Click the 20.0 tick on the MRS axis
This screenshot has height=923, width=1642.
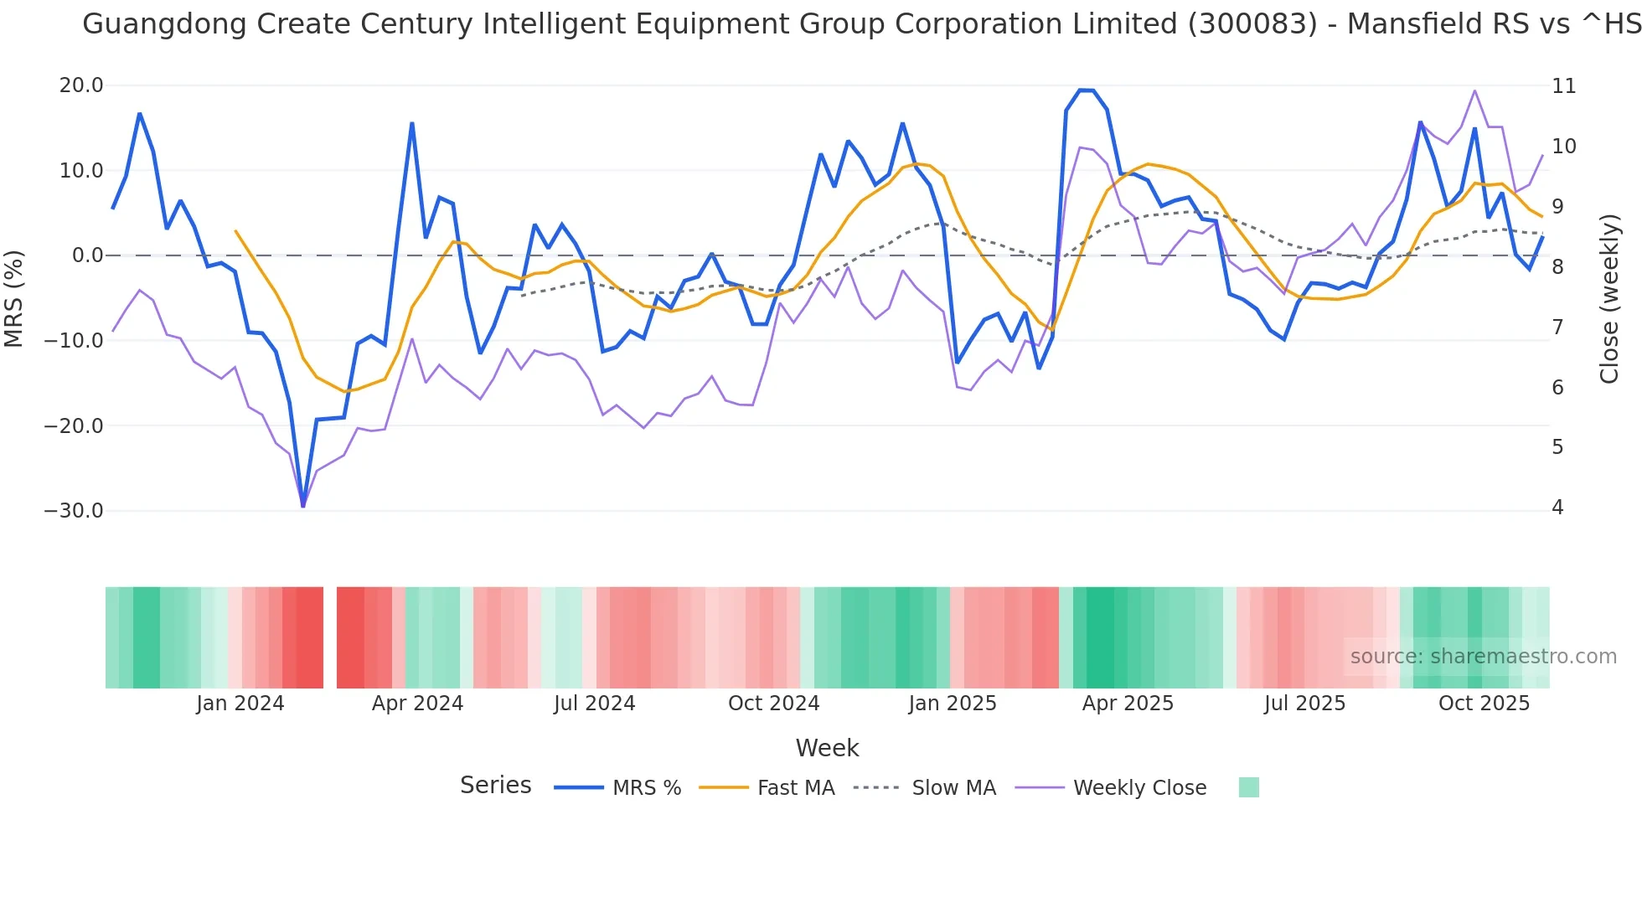(80, 85)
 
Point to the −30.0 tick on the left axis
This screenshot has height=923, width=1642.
(74, 511)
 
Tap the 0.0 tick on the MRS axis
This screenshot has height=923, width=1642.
(87, 255)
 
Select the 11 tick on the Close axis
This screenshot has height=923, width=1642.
(1563, 86)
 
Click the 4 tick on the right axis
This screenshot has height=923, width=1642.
(1557, 508)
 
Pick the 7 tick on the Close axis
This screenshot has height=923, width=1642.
(1557, 327)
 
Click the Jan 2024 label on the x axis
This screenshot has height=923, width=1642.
(240, 704)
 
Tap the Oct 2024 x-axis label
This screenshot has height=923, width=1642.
(773, 704)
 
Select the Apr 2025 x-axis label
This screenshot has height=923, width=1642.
(1128, 704)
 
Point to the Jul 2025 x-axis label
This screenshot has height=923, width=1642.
(1304, 704)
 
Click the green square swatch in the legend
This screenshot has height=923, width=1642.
(1248, 787)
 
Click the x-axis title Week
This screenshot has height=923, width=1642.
(827, 748)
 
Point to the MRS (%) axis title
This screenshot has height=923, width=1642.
(14, 298)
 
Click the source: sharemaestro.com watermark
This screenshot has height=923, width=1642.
(1483, 657)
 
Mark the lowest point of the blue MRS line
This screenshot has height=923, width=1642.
(303, 506)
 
